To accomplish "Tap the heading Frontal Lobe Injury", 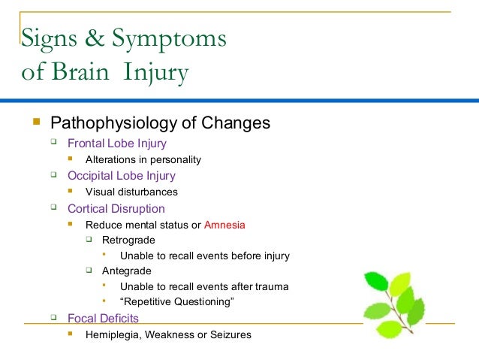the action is [117, 143].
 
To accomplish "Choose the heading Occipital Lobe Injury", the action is [122, 176].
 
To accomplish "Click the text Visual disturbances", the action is [131, 192].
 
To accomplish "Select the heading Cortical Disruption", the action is [116, 208].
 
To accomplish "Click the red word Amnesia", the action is [224, 225].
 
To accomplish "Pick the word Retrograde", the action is [129, 241].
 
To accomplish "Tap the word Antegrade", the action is [128, 271].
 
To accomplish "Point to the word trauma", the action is [272, 286].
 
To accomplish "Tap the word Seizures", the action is [230, 334].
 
